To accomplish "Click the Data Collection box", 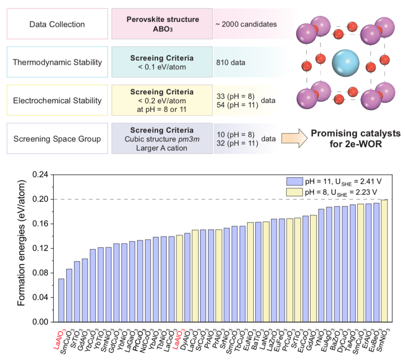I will pyautogui.click(x=57, y=24).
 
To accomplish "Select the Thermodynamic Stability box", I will pyautogui.click(x=57, y=62).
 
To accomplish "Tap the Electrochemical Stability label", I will pyautogui.click(x=57, y=100).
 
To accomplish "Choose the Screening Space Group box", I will pyautogui.click(x=57, y=139).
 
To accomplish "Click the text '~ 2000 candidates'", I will pyautogui.click(x=246, y=24).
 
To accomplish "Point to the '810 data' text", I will pyautogui.click(x=231, y=63).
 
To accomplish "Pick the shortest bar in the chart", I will pyautogui.click(x=61, y=300).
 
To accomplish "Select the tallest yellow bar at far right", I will pyautogui.click(x=384, y=261).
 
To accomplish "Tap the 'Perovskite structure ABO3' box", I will pyautogui.click(x=162, y=24).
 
